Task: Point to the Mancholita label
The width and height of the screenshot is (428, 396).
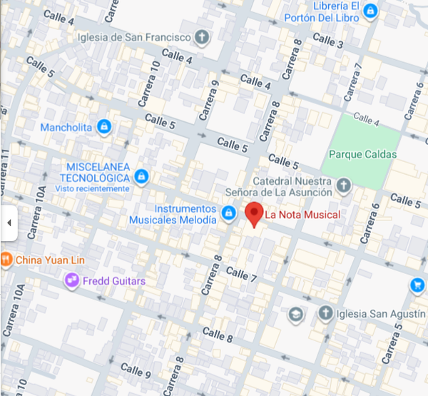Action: [x=66, y=127]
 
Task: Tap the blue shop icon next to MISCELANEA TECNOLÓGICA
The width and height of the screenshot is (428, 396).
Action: [x=141, y=176]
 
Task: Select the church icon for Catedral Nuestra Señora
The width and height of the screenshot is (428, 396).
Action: [x=344, y=187]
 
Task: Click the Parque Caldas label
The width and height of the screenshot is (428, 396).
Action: [x=362, y=154]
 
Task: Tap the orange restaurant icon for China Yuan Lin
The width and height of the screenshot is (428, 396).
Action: [x=6, y=259]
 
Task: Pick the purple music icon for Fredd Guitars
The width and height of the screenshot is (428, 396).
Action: [x=71, y=281]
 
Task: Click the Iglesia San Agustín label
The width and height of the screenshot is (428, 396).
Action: [x=377, y=313]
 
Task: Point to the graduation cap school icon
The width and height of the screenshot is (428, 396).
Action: [x=295, y=313]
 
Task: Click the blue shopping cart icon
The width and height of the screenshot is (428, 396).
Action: [x=417, y=285]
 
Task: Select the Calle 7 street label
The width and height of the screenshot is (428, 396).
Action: [x=240, y=273]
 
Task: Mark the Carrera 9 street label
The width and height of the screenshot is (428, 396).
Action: [x=208, y=100]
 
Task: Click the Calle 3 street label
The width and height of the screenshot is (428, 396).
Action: [x=328, y=41]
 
